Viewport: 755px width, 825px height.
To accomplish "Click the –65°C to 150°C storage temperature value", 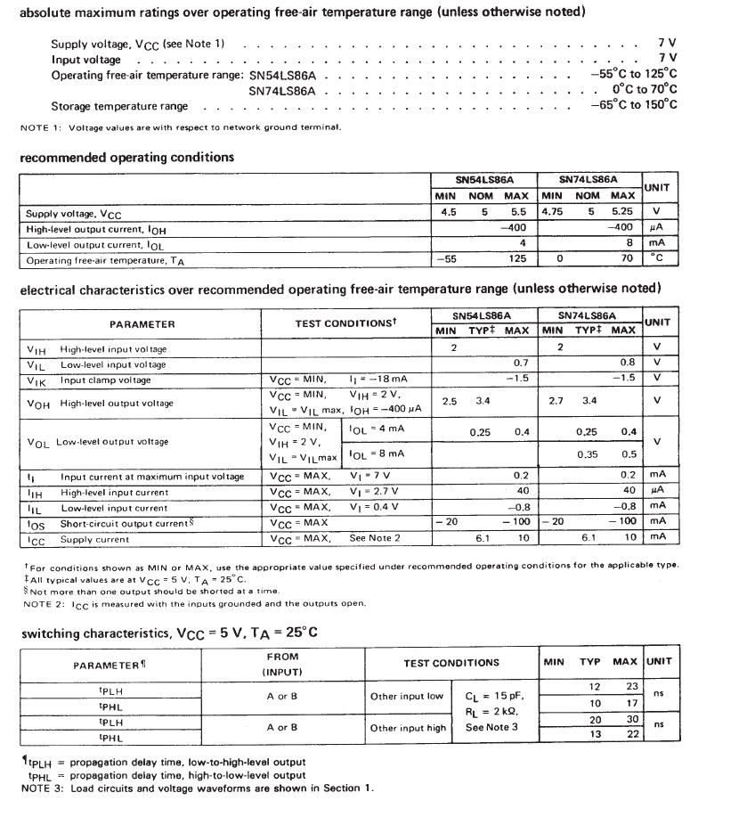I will coord(633,105).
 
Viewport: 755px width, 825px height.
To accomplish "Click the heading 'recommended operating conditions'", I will coord(126,158).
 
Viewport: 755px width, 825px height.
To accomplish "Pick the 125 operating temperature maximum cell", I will coord(516,259).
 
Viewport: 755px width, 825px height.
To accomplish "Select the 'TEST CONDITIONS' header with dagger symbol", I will coord(345,324).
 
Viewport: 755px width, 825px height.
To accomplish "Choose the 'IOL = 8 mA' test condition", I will coord(377,453).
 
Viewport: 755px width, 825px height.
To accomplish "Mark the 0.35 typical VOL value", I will coord(587,453).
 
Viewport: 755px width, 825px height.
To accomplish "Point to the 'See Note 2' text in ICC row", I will coord(375,539).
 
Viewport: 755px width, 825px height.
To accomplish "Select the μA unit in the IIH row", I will coord(657,492).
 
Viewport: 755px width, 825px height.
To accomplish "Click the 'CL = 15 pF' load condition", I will coord(495,696).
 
